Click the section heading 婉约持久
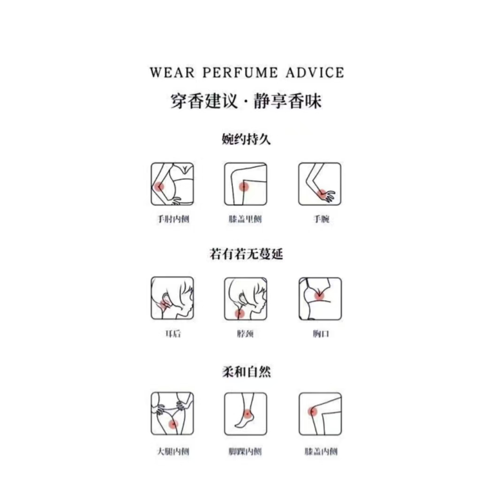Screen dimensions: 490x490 click(x=246, y=139)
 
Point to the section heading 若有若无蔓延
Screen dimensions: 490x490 click(x=246, y=255)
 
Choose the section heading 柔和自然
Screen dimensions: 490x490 click(x=246, y=372)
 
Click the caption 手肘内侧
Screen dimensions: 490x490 click(x=173, y=219)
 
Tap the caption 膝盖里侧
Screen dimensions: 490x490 click(x=245, y=219)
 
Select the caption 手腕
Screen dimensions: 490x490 click(x=321, y=219)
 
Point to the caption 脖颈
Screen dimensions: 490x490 click(x=245, y=334)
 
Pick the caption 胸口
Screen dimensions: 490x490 click(x=321, y=334)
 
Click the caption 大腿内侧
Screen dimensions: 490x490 click(x=173, y=452)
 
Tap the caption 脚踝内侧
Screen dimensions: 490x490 click(x=245, y=452)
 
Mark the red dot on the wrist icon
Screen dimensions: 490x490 click(x=322, y=193)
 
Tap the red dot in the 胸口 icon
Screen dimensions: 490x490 click(x=319, y=295)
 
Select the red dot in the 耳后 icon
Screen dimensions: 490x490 click(x=163, y=306)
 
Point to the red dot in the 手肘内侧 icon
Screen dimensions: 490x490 click(x=159, y=187)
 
